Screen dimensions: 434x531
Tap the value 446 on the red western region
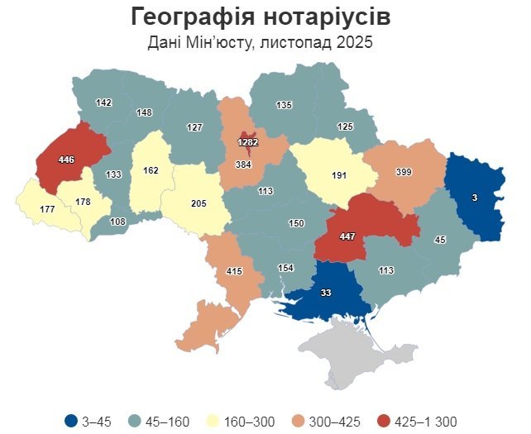click(67, 158)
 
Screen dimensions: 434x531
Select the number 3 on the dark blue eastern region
click(475, 198)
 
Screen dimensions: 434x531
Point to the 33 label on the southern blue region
click(326, 292)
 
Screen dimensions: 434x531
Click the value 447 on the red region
click(348, 236)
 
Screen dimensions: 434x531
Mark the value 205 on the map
click(199, 203)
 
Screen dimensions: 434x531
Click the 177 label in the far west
click(47, 211)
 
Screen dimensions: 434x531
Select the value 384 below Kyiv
click(243, 165)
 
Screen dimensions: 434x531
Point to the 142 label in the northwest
click(103, 103)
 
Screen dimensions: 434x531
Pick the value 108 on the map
click(118, 222)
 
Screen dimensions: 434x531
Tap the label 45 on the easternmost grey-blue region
click(440, 240)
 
